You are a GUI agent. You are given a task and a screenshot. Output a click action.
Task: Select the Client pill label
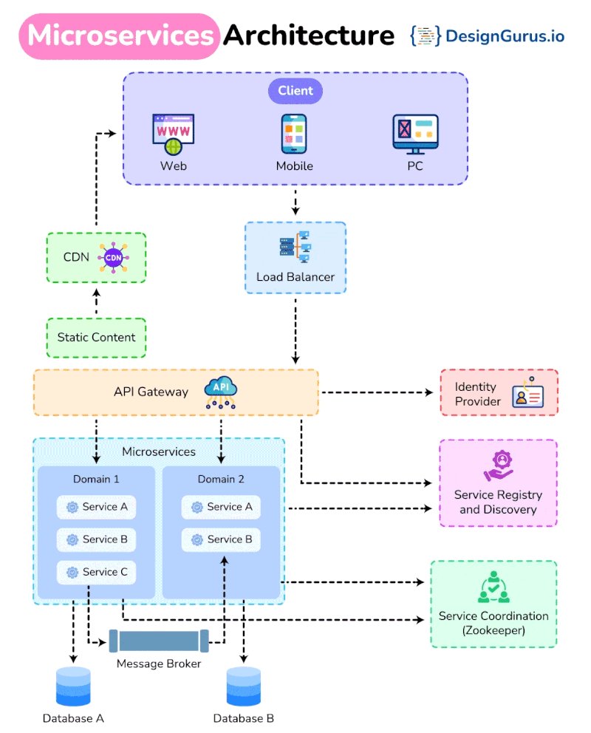click(295, 91)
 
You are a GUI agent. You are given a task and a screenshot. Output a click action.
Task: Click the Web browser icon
click(173, 134)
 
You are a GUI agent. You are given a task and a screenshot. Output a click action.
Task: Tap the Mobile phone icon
click(294, 134)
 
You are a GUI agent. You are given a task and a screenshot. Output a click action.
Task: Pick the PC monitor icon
click(414, 134)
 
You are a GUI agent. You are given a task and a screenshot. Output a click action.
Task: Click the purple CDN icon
click(113, 257)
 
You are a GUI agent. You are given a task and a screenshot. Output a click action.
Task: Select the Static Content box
click(97, 338)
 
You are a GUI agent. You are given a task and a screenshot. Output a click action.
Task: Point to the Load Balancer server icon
click(295, 248)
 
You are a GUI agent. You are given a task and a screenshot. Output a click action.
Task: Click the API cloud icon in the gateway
click(221, 392)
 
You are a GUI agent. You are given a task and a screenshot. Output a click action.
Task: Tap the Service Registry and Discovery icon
click(499, 465)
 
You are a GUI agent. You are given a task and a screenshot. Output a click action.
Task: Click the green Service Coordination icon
click(493, 587)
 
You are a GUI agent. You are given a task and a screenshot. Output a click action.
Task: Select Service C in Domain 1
click(97, 572)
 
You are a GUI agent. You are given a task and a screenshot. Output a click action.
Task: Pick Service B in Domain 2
click(221, 539)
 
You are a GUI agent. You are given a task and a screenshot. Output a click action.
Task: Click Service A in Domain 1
click(97, 507)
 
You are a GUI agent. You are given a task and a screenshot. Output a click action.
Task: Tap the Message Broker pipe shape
click(159, 641)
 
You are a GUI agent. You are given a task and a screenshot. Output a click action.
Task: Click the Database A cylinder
click(73, 686)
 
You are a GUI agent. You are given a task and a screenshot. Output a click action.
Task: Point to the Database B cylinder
click(244, 686)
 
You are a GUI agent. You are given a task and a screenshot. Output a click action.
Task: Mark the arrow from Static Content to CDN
click(96, 301)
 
